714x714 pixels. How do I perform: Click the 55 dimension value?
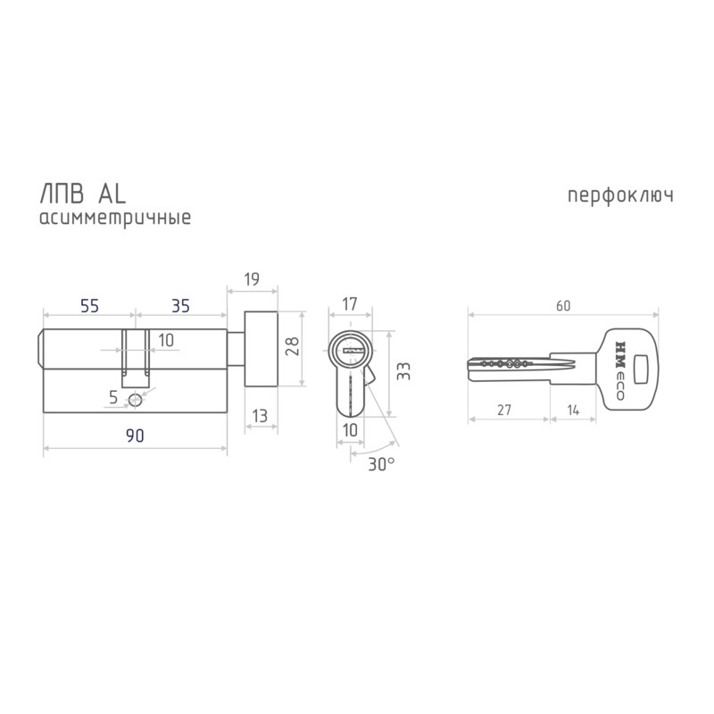tap(89, 306)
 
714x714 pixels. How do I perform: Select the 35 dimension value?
tap(180, 306)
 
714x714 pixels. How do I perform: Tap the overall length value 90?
tap(135, 436)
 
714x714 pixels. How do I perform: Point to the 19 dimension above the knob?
tap(252, 278)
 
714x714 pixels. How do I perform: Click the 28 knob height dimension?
tap(292, 346)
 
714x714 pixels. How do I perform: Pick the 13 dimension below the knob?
tap(260, 416)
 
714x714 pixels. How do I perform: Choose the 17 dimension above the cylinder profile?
tap(349, 303)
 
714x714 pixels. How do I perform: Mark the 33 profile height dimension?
tap(403, 370)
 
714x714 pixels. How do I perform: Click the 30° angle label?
tap(381, 464)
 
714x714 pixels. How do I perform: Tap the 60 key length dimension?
tap(563, 305)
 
